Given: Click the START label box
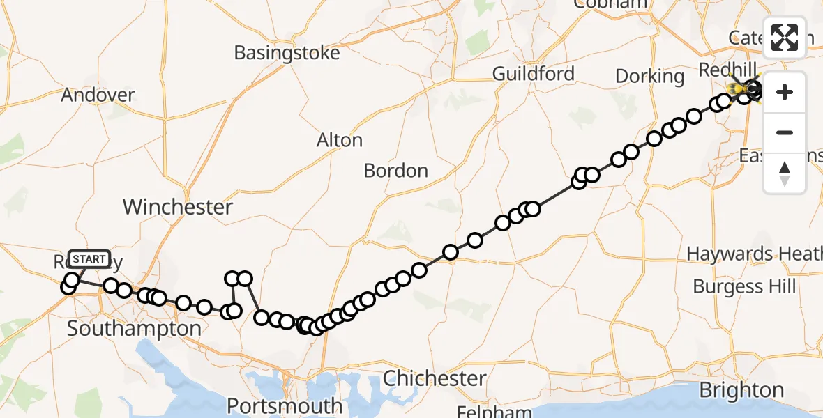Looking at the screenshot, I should (89, 260).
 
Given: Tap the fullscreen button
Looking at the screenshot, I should (785, 38).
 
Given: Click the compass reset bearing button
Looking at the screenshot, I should (785, 173).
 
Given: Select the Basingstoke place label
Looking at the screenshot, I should (287, 53).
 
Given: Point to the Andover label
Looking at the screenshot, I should (98, 95).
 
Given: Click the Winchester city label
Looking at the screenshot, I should (178, 207).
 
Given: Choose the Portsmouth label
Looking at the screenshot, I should (285, 405).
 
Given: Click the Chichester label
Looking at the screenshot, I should (435, 378).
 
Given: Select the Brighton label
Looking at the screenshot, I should (741, 390).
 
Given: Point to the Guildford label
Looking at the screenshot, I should (534, 74).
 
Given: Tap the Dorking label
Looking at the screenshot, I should (649, 76).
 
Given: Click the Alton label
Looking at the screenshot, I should (340, 140).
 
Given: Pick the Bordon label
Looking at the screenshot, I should (395, 171).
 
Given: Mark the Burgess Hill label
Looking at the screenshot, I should (744, 286).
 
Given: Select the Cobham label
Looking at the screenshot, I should (610, 4).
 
